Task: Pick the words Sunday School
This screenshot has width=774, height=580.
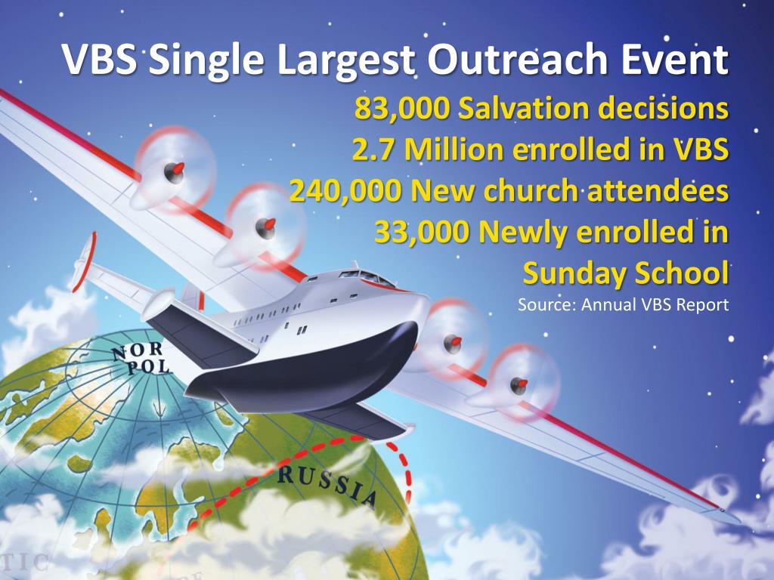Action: [625, 273]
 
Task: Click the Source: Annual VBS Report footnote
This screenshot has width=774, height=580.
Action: [623, 306]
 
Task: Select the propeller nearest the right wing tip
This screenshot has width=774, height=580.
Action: [519, 383]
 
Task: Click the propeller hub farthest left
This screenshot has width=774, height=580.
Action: [175, 171]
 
